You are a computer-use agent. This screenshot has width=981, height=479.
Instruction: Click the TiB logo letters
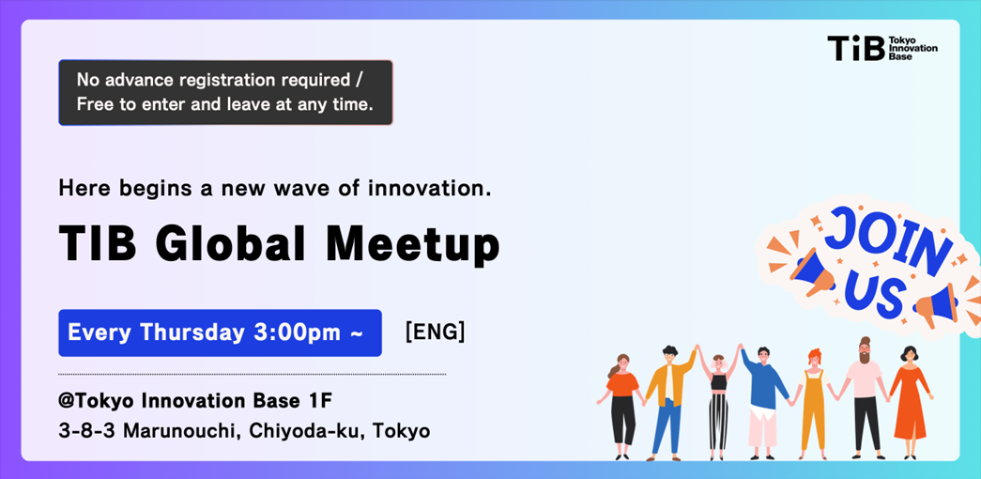click(x=856, y=48)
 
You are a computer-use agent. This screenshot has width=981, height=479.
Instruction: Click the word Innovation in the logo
click(x=912, y=48)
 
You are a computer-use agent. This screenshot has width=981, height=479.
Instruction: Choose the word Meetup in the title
click(x=412, y=244)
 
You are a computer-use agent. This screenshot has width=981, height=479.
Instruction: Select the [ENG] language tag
click(x=435, y=332)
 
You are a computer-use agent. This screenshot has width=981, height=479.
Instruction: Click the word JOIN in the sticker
click(x=884, y=240)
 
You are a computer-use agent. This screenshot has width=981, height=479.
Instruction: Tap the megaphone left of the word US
click(x=812, y=271)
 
